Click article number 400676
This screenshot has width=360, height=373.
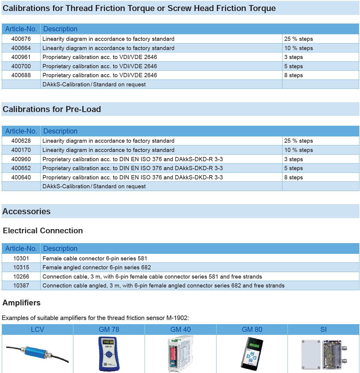[x=21, y=39]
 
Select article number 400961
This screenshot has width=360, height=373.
[x=21, y=57]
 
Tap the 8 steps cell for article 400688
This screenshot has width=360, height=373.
[x=293, y=75]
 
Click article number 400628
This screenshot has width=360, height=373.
[x=21, y=141]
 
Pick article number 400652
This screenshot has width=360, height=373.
[x=21, y=168]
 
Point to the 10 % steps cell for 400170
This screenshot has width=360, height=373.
[x=299, y=150]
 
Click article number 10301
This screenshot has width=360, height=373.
[x=21, y=259]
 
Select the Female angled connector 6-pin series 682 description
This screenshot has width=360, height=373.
[x=97, y=268]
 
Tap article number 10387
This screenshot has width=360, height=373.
[x=21, y=286]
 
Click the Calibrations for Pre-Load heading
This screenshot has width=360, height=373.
[x=52, y=109]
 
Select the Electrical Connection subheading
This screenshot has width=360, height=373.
[x=43, y=231]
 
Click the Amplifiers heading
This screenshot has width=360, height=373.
[x=21, y=303]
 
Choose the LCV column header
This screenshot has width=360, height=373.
[x=38, y=330]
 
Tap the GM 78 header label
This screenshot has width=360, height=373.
[x=109, y=330]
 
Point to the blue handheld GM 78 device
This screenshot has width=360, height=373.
[x=109, y=354]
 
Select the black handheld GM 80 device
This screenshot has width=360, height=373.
[x=252, y=354]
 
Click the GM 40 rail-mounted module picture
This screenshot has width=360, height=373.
[x=180, y=354]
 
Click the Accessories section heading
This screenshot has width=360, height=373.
[x=27, y=212]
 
